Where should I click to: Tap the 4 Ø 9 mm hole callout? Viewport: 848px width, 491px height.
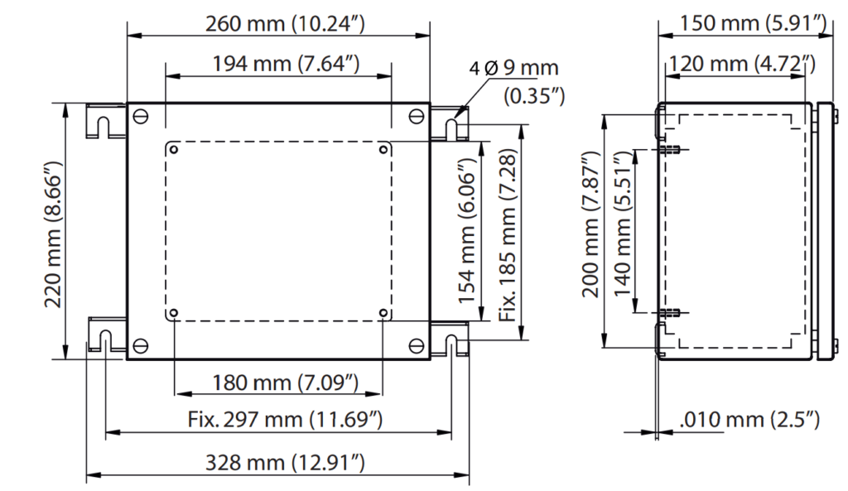513,69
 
